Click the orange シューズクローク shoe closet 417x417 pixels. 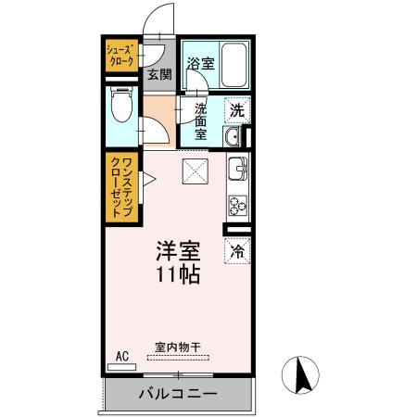pyautogui.click(x=120, y=57)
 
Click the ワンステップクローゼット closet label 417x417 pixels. pyautogui.click(x=120, y=186)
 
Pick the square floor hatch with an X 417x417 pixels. pyautogui.click(x=195, y=171)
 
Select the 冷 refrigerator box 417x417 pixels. pyautogui.click(x=236, y=249)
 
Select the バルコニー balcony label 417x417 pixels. pyautogui.click(x=178, y=394)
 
